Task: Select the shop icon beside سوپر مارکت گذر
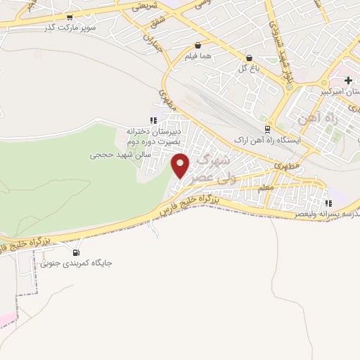70,18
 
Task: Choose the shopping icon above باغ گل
249,58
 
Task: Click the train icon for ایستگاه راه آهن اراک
267,129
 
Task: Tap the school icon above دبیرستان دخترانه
153,120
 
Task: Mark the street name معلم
266,188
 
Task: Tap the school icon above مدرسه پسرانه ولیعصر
328,202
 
